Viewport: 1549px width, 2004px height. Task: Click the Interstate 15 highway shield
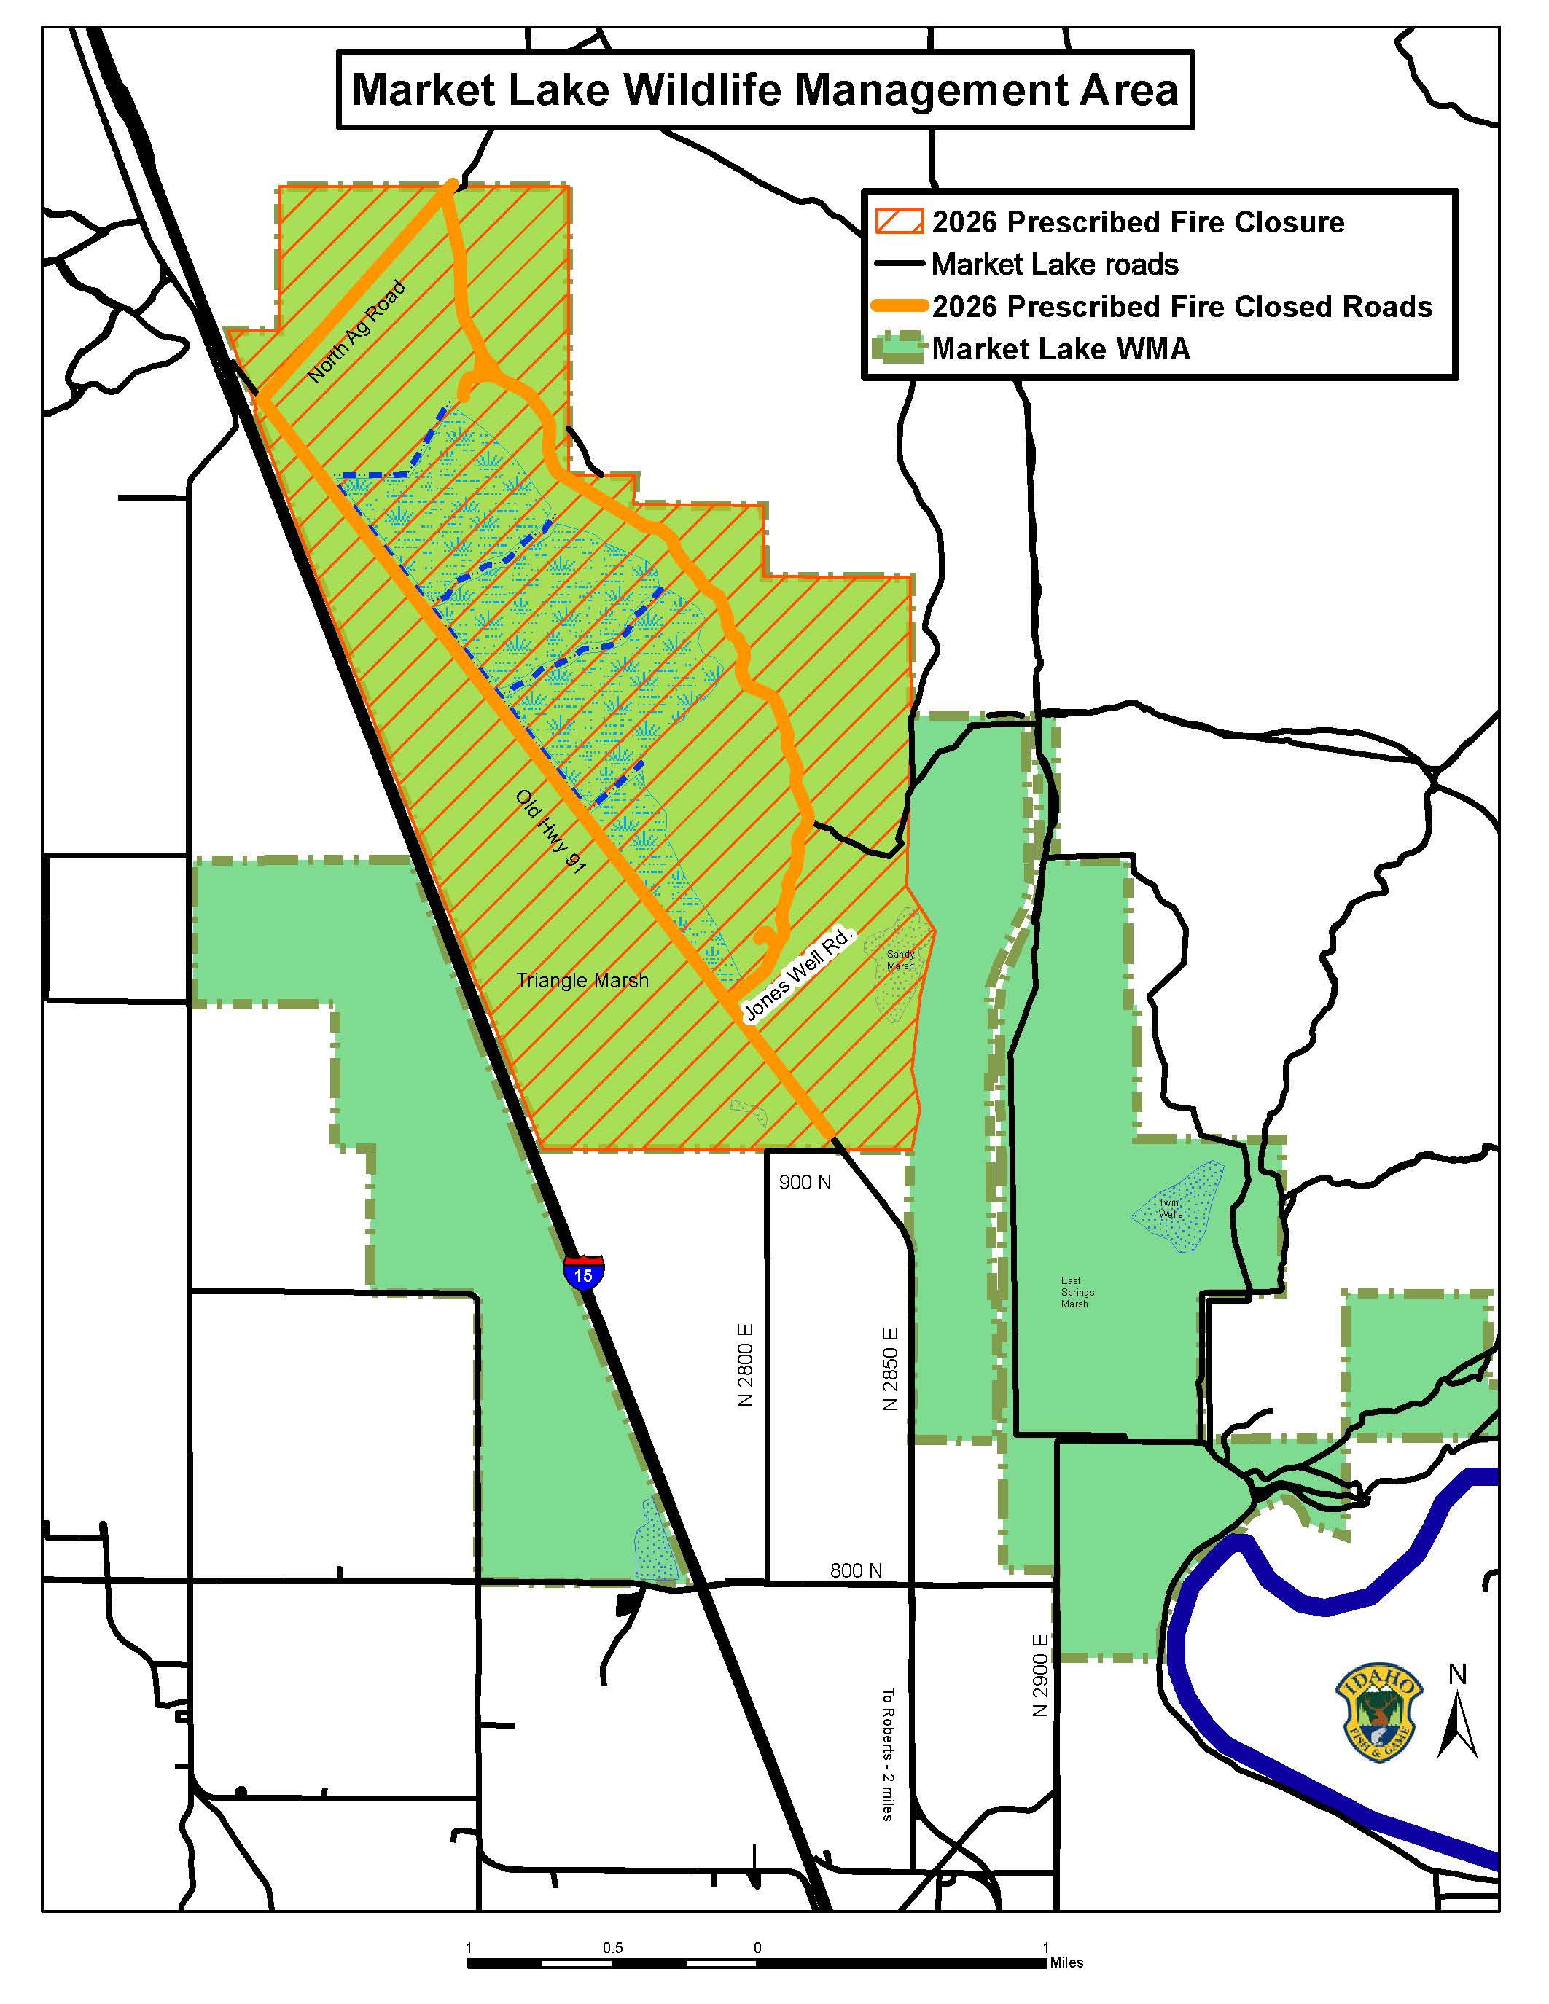pyautogui.click(x=584, y=1272)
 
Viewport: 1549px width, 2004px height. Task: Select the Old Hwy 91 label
pyautogui.click(x=550, y=831)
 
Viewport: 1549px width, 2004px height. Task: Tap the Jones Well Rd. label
pyautogui.click(x=798, y=974)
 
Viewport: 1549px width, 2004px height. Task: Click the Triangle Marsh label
pyautogui.click(x=582, y=981)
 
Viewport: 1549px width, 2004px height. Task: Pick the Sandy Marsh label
pyautogui.click(x=900, y=960)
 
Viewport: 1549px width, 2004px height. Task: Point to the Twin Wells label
pyautogui.click(x=1170, y=1208)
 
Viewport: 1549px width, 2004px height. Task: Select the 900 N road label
pyautogui.click(x=805, y=1183)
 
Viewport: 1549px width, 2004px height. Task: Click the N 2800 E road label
pyautogui.click(x=745, y=1364)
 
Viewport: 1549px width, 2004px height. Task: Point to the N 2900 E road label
pyautogui.click(x=1039, y=1675)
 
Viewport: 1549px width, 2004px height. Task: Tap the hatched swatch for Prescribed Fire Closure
pyautogui.click(x=900, y=222)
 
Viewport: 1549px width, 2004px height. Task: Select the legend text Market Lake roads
pyautogui.click(x=1054, y=265)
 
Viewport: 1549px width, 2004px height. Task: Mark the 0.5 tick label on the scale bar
pyautogui.click(x=613, y=1947)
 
